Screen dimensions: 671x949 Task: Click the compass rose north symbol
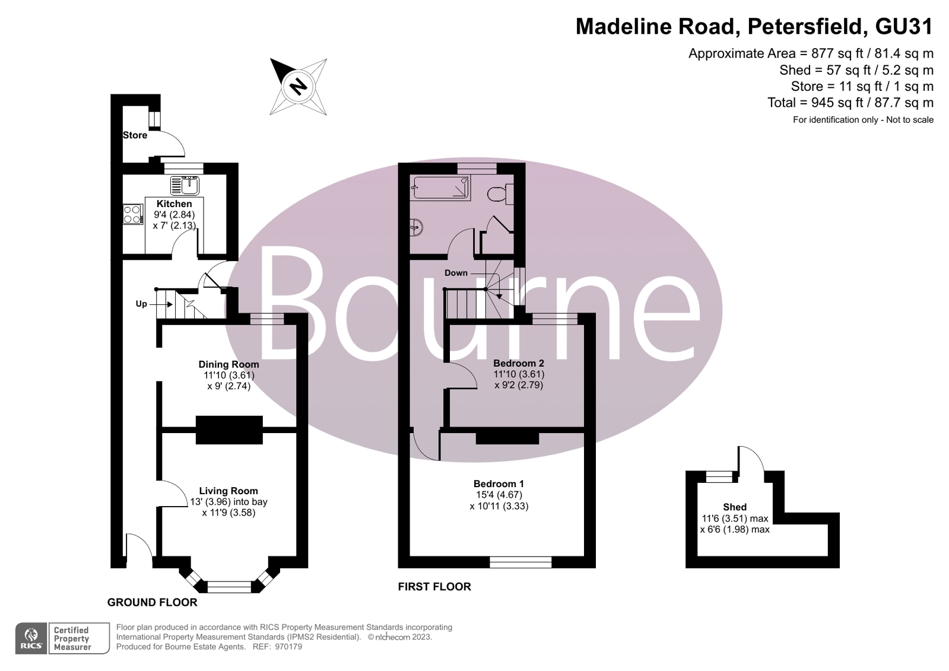[x=298, y=87]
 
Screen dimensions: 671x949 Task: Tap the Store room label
[x=135, y=135]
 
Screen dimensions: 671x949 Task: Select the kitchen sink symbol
[x=185, y=186]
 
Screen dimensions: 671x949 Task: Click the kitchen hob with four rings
[x=132, y=214]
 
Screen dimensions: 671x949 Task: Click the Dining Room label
[x=228, y=364]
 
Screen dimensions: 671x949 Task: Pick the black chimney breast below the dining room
[x=228, y=430]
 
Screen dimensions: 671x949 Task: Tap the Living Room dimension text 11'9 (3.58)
[x=228, y=513]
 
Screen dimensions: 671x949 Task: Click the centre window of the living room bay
[x=229, y=587]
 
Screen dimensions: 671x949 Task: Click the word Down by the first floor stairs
[x=456, y=273]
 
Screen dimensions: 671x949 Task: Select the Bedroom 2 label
[x=519, y=363]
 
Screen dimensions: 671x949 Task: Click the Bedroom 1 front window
[x=520, y=562]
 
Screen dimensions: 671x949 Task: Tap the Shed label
[x=734, y=507]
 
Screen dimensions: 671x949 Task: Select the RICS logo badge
[x=31, y=639]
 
